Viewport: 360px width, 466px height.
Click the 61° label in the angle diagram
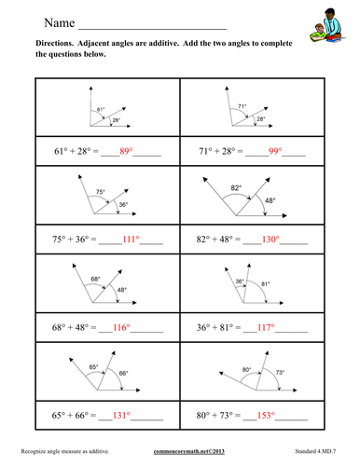click(102, 110)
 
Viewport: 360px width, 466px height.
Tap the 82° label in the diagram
click(238, 187)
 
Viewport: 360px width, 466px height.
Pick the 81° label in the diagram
click(267, 284)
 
